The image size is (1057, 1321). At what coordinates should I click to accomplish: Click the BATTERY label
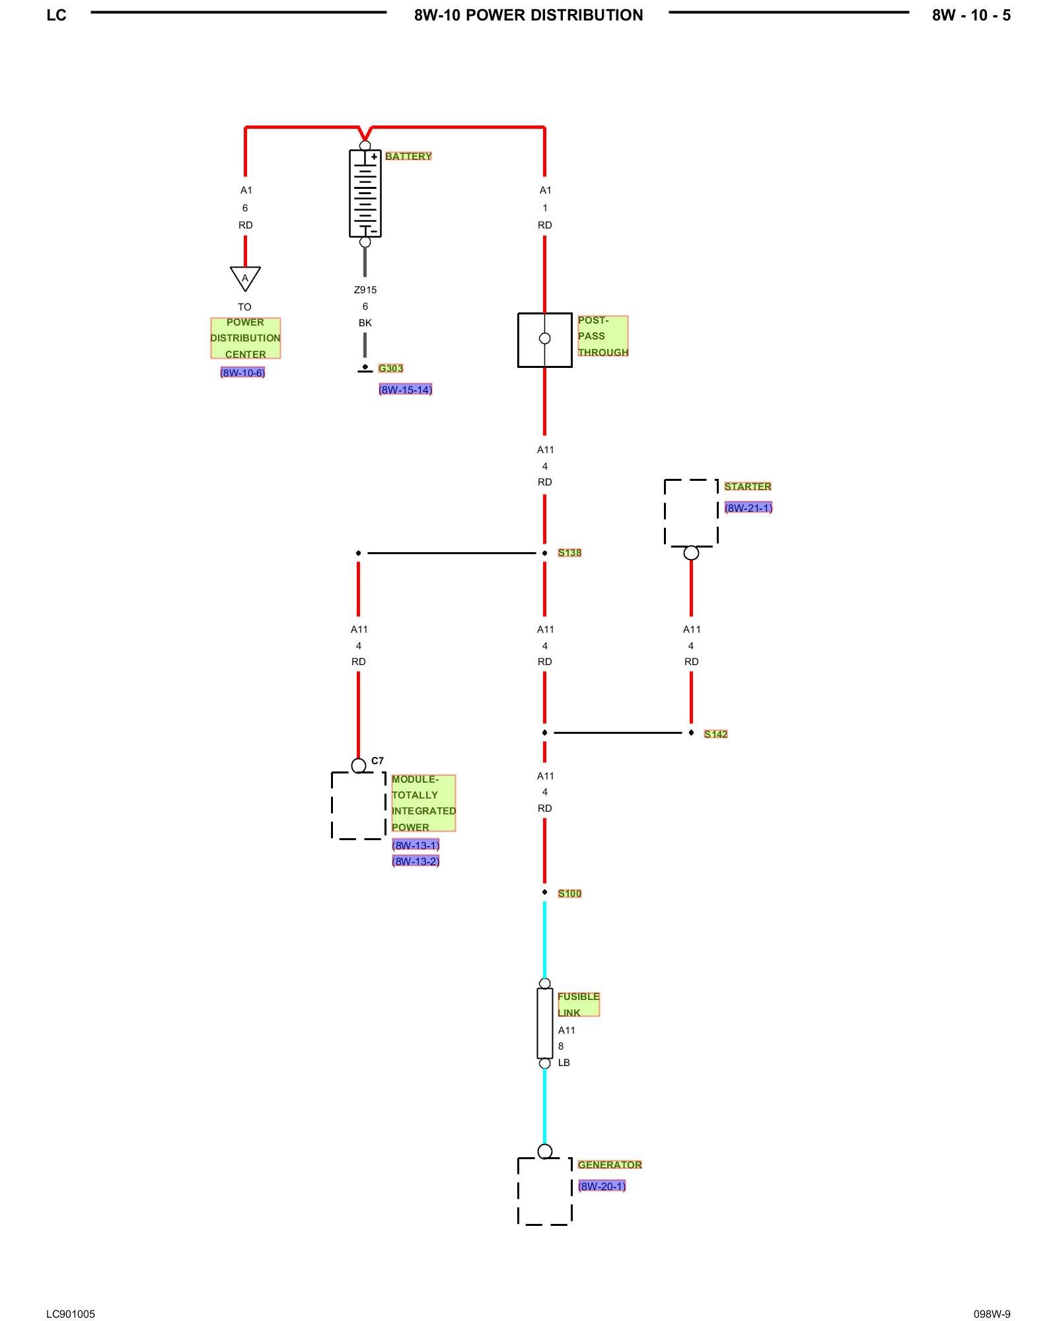point(408,157)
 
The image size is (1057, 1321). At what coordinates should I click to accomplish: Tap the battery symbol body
point(365,193)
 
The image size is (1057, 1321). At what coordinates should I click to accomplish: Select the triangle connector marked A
point(245,277)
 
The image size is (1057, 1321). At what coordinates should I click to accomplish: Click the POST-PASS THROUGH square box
point(544,339)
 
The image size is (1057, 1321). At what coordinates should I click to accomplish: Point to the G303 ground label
point(390,369)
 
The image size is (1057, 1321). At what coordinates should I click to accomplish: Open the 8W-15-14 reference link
point(405,390)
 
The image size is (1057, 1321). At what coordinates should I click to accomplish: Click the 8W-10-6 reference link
point(242,373)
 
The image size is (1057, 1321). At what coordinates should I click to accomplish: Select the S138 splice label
point(569,553)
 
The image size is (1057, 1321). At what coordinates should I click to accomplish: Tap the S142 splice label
point(715,734)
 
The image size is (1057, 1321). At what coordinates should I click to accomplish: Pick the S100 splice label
point(569,894)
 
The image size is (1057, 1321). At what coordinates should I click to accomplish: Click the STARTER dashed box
point(691,513)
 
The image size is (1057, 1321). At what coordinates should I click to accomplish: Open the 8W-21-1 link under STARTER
point(748,508)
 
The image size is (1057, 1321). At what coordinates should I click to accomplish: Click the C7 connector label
point(377,761)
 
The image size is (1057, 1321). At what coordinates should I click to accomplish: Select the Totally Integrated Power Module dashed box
point(358,806)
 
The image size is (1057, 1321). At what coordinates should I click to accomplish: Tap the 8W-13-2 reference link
point(416,861)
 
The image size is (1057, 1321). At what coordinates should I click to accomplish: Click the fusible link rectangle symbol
point(544,1023)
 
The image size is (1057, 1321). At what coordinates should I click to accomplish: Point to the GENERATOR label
point(609,1164)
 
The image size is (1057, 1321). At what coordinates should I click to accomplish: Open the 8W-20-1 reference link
point(601,1186)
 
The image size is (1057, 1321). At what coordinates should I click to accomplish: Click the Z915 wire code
point(365,290)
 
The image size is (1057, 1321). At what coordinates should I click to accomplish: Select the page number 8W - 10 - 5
point(970,15)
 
